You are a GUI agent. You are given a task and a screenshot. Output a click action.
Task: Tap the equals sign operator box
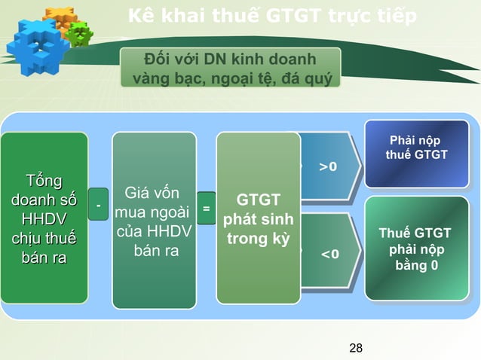pos(206,207)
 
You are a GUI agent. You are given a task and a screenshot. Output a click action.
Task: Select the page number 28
pos(357,347)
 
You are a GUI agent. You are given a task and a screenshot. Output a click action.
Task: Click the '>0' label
pos(328,166)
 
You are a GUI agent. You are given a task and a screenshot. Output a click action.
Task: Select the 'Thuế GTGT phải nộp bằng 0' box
pos(416,249)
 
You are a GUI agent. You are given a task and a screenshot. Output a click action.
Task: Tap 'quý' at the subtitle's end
pos(316,78)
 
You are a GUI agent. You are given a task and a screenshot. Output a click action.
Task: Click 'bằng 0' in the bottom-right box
pos(416,265)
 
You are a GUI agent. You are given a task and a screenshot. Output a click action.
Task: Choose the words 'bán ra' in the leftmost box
pos(44,258)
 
